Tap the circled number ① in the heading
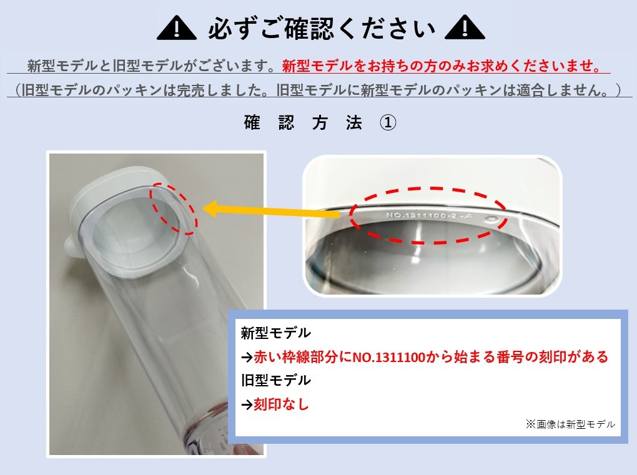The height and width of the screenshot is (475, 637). click(x=388, y=122)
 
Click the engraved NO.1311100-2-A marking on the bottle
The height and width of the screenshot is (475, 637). click(x=429, y=215)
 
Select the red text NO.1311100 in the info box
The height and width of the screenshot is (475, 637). click(x=389, y=357)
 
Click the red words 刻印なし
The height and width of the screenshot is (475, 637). click(x=281, y=404)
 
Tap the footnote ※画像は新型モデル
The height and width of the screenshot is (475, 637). click(x=570, y=424)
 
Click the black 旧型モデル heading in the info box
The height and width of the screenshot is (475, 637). click(x=276, y=380)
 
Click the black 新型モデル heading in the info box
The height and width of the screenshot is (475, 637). click(x=276, y=333)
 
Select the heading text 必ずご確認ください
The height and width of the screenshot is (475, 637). click(x=322, y=29)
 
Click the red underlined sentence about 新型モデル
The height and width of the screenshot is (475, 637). click(x=442, y=66)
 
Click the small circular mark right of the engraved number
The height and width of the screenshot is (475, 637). click(x=491, y=219)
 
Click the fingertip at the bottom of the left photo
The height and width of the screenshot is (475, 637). click(x=244, y=449)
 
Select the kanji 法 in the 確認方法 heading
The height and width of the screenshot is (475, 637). click(x=354, y=122)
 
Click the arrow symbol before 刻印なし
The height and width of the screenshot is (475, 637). click(x=247, y=404)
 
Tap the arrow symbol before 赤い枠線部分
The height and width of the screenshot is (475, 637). click(x=247, y=358)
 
